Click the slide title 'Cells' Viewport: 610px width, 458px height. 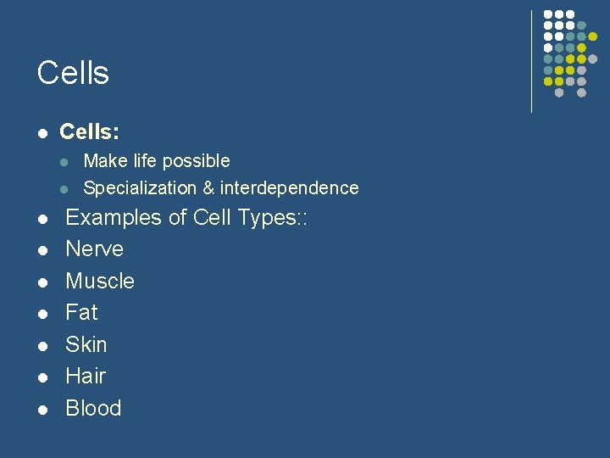coord(73,73)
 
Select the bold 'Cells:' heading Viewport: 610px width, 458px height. coord(89,132)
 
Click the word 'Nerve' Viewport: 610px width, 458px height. coord(94,249)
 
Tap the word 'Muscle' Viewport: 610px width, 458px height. coord(100,281)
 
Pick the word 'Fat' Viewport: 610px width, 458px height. coord(81,313)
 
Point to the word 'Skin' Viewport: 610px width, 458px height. coord(86,344)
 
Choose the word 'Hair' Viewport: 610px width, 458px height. coord(86,376)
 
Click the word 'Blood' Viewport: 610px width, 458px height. coord(93,408)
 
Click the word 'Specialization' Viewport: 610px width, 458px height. coord(139,188)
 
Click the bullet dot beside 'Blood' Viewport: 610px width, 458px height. coord(42,410)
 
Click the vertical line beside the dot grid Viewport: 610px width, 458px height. coord(531,61)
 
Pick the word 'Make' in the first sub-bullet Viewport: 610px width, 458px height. coord(103,161)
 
